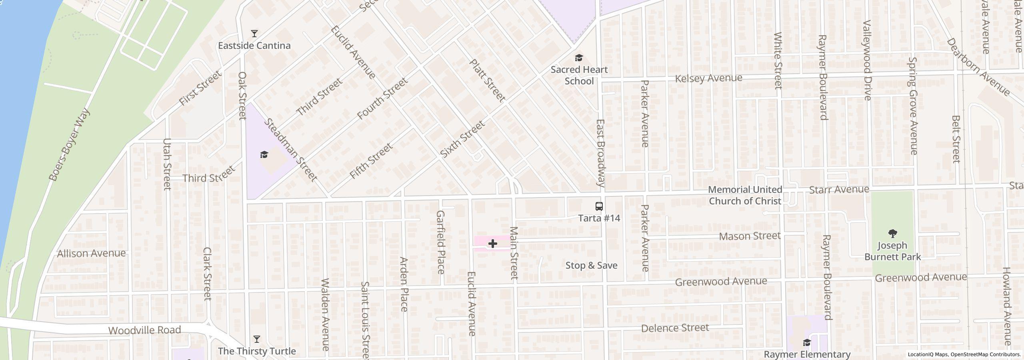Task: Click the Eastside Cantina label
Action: point(254,46)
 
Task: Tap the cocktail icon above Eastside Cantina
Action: point(254,33)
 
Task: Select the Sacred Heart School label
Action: point(579,75)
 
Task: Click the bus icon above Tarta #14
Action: point(599,206)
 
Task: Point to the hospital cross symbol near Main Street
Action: point(492,244)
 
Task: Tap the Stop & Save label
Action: point(591,266)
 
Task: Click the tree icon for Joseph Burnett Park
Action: point(892,234)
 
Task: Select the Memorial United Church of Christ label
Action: point(745,195)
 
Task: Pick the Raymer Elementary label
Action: point(807,354)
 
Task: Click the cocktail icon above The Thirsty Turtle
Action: point(257,339)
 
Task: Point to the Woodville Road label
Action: point(145,330)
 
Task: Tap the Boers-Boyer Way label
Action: point(69,144)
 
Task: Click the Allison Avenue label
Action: point(91,254)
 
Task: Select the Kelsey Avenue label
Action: point(708,78)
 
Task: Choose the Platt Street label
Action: point(487,80)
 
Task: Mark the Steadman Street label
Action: point(291,150)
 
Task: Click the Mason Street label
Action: point(750,236)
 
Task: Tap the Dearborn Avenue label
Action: point(978,67)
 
